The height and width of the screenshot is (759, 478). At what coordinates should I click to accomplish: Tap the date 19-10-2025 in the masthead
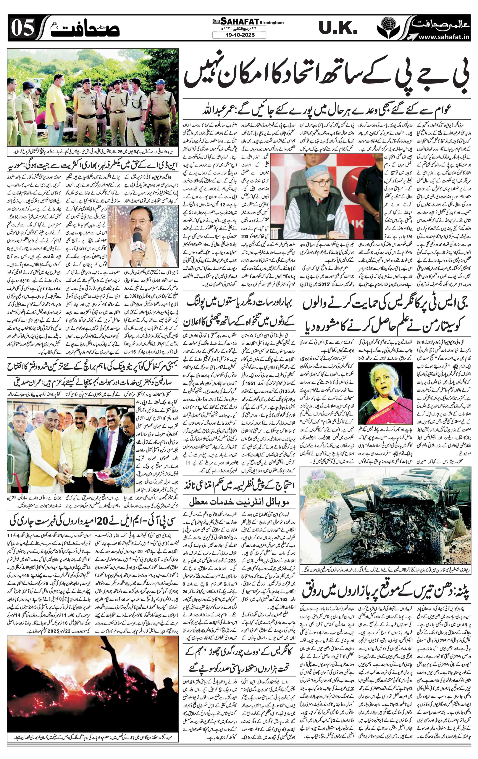tap(239, 35)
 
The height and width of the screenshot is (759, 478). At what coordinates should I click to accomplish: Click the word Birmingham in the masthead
tap(272, 23)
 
